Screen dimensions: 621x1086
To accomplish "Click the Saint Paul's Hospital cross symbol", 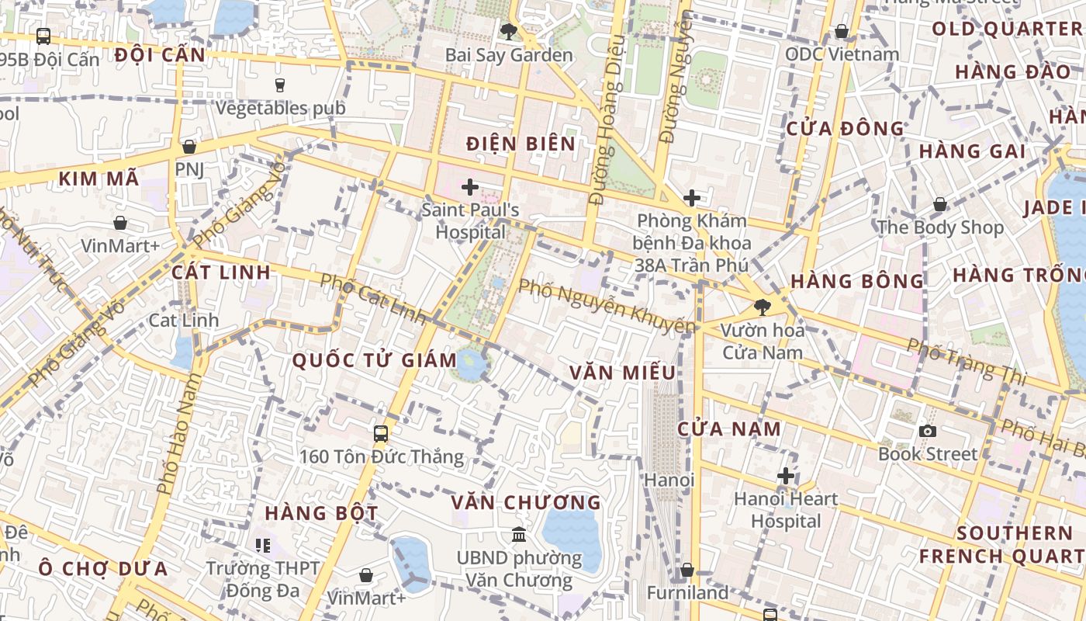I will pyautogui.click(x=470, y=187).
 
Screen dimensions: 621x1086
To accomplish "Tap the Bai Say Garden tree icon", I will pyautogui.click(x=509, y=32).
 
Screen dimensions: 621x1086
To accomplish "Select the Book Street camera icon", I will pyautogui.click(x=928, y=431).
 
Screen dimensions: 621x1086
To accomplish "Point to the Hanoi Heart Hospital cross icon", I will pyautogui.click(x=786, y=475).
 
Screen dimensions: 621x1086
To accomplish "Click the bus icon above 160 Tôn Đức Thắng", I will pyautogui.click(x=381, y=433).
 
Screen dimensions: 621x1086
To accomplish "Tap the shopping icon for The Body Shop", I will pyautogui.click(x=940, y=204).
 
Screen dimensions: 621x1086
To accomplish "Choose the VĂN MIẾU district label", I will pyautogui.click(x=623, y=373).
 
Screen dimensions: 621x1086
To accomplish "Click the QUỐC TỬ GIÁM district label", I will pyautogui.click(x=375, y=360).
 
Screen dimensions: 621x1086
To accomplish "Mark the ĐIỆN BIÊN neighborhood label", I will pyautogui.click(x=521, y=144).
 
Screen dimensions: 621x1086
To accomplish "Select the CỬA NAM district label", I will pyautogui.click(x=729, y=429).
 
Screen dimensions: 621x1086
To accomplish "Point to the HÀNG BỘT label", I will pyautogui.click(x=321, y=513).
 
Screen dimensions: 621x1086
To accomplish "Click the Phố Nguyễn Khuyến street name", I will pyautogui.click(x=606, y=306).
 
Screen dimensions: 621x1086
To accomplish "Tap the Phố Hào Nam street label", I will pyautogui.click(x=176, y=434).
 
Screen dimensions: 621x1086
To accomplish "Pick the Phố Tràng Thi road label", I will pyautogui.click(x=967, y=362).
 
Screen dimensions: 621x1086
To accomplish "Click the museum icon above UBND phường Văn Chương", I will pyautogui.click(x=519, y=535).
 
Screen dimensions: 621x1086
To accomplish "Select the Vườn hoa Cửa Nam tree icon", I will pyautogui.click(x=763, y=307).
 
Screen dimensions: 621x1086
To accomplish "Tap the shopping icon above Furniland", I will pyautogui.click(x=687, y=571).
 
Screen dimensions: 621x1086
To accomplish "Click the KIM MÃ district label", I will pyautogui.click(x=99, y=179).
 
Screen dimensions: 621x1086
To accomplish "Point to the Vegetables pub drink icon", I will pyautogui.click(x=280, y=85).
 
